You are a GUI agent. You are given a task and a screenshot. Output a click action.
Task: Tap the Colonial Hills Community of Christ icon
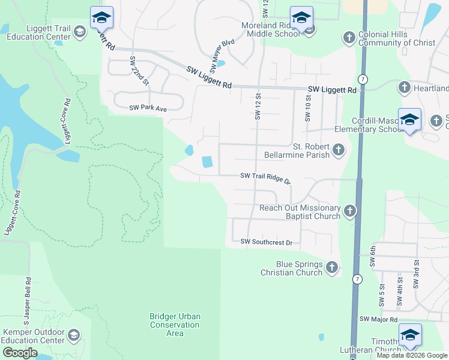pyautogui.click(x=349, y=38)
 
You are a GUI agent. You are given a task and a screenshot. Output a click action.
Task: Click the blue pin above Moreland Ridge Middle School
pyautogui.click(x=301, y=18)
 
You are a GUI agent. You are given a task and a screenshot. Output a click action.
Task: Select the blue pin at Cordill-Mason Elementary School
pyautogui.click(x=409, y=120)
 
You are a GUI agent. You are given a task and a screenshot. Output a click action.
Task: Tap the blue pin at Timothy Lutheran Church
pyautogui.click(x=410, y=335)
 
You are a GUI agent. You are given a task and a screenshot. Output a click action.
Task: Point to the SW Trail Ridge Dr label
pyautogui.click(x=265, y=176)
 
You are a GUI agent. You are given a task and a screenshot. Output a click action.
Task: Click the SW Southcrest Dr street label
pyautogui.click(x=266, y=242)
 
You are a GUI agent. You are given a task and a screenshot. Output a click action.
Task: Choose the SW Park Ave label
pyautogui.click(x=148, y=109)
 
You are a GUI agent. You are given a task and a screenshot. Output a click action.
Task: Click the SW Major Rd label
pyautogui.click(x=378, y=319)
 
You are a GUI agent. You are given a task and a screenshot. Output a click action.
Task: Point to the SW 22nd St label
pyautogui.click(x=138, y=71)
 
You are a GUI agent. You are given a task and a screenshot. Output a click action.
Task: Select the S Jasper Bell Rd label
pyautogui.click(x=29, y=304)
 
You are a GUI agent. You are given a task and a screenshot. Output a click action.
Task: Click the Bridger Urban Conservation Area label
pyautogui.click(x=175, y=325)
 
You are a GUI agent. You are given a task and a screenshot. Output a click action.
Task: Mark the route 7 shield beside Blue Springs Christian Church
pyautogui.click(x=358, y=279)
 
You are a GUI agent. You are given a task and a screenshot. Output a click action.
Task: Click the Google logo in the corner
pyautogui.click(x=20, y=353)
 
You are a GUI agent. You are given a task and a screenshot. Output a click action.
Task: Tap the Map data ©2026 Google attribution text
pyautogui.click(x=412, y=355)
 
